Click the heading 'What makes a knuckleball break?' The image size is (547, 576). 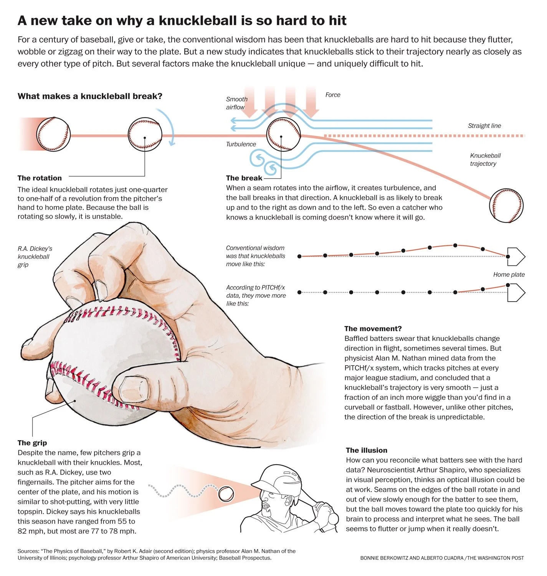point(90,96)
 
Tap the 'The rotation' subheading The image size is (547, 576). point(40,178)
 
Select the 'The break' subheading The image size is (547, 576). point(244,178)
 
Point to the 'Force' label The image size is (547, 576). point(333,95)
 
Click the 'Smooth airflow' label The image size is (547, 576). point(236,103)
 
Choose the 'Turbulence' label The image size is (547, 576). point(241,144)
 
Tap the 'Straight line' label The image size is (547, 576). point(484,126)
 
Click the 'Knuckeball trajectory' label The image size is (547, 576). point(485,160)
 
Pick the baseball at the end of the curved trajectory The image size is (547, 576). point(506,205)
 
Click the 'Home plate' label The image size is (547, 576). point(509,275)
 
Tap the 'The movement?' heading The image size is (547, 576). point(373,329)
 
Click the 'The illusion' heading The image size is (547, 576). point(366,450)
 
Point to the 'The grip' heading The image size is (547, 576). point(32,443)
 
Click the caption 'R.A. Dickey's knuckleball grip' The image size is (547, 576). point(35,257)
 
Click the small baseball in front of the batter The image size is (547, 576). point(226,494)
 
